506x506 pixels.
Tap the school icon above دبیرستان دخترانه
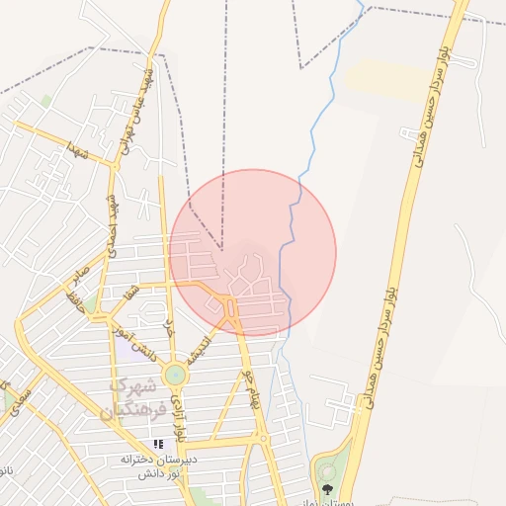[158, 445]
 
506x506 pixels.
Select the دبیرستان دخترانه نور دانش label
[158, 467]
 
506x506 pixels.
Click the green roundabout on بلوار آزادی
[175, 375]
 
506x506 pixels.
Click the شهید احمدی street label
[116, 216]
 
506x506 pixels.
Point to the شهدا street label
[78, 151]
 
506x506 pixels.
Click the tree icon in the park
[327, 488]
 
